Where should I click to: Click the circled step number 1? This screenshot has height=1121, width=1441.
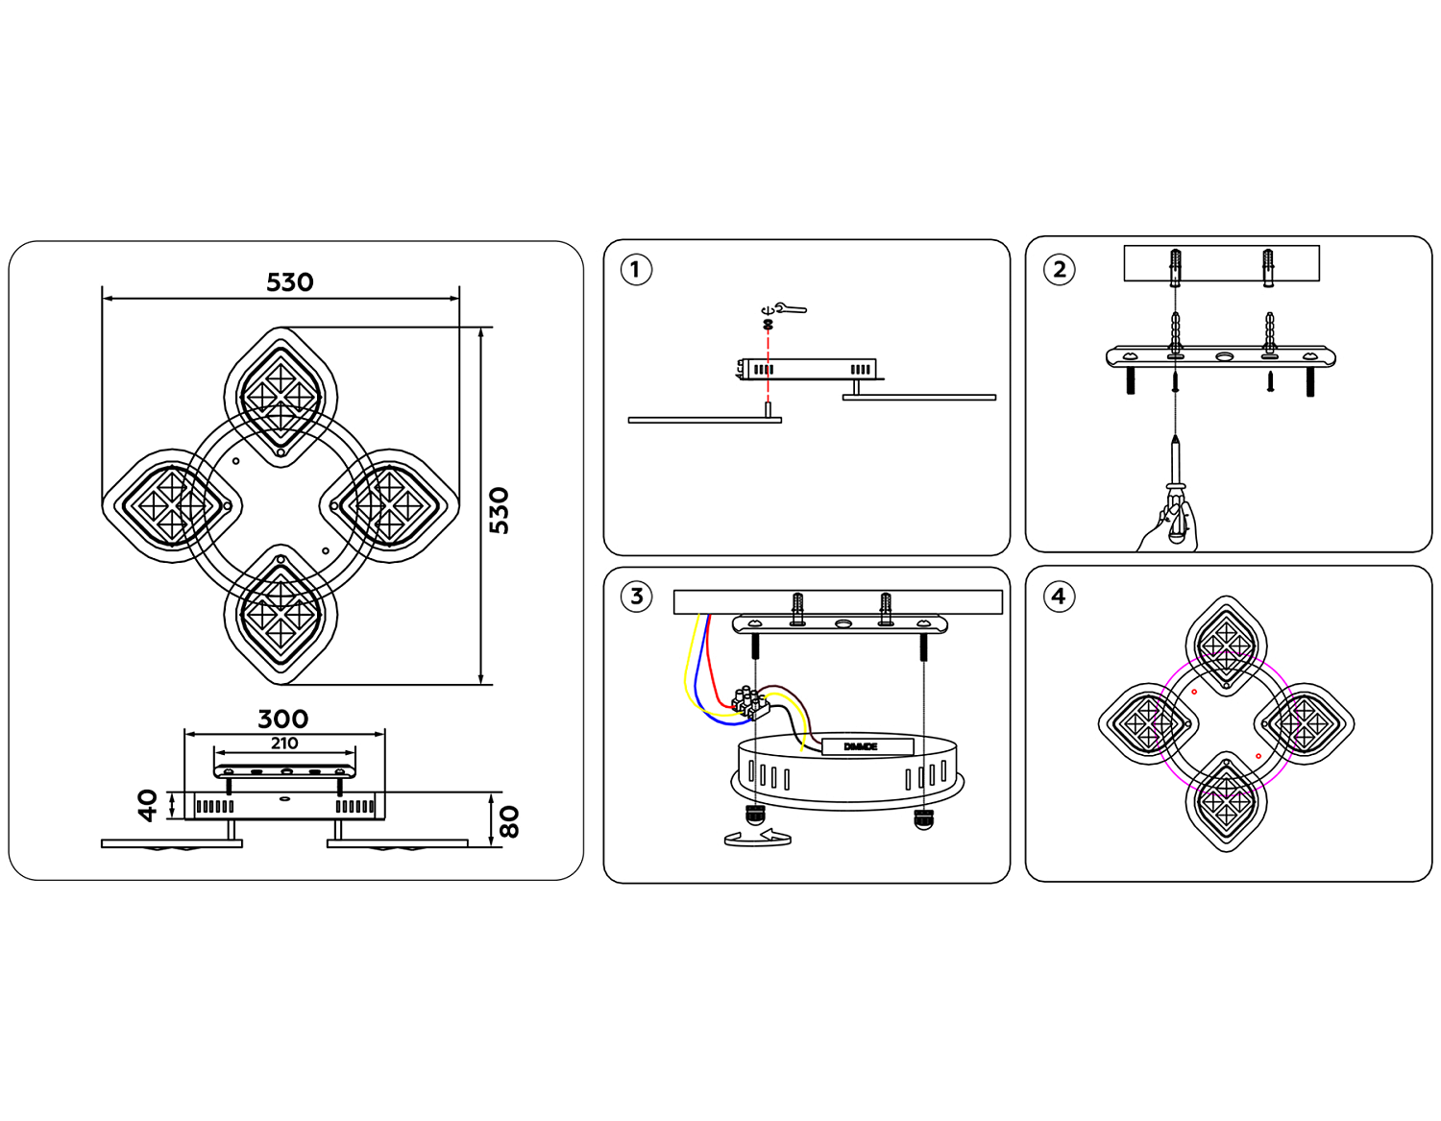pyautogui.click(x=635, y=270)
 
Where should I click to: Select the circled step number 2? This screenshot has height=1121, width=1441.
pyautogui.click(x=1060, y=270)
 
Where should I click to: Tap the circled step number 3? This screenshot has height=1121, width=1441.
pyautogui.click(x=636, y=597)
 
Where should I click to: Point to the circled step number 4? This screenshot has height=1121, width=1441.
pyautogui.click(x=1059, y=597)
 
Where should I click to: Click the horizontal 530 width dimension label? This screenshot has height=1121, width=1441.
pyautogui.click(x=289, y=282)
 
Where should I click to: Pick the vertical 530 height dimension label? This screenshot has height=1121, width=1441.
pyautogui.click(x=499, y=510)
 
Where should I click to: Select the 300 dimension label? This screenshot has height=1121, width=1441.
pyautogui.click(x=283, y=719)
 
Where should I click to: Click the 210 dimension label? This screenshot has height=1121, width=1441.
pyautogui.click(x=283, y=743)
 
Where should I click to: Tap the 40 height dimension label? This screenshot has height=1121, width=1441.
pyautogui.click(x=147, y=805)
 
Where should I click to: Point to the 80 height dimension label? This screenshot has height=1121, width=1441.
pyautogui.click(x=509, y=821)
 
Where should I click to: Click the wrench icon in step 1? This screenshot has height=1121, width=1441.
pyautogui.click(x=792, y=309)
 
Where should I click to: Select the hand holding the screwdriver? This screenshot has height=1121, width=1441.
pyautogui.click(x=1170, y=526)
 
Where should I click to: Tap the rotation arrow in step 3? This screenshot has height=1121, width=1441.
pyautogui.click(x=758, y=839)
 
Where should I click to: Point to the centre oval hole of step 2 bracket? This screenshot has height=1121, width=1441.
pyautogui.click(x=1224, y=357)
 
